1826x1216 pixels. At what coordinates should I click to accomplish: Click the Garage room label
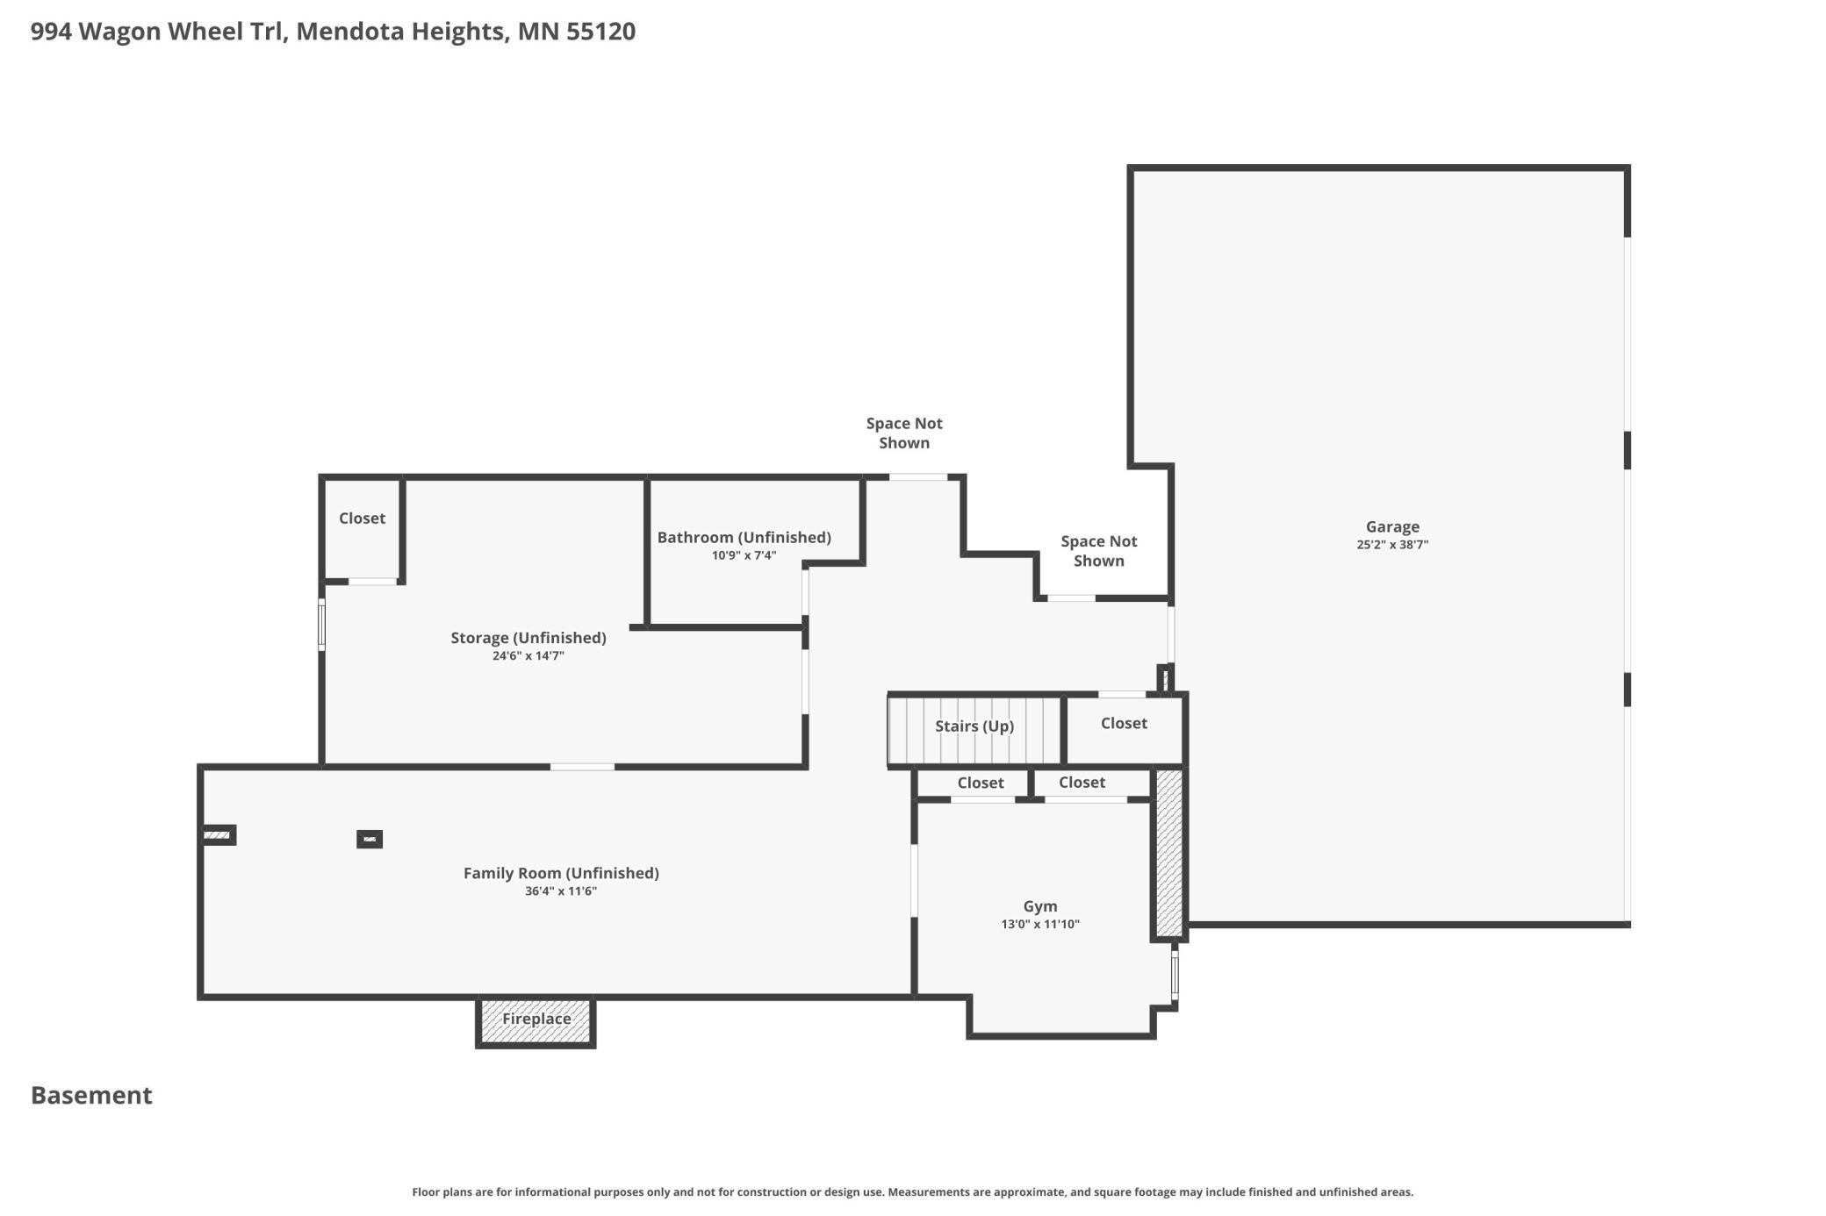pos(1391,526)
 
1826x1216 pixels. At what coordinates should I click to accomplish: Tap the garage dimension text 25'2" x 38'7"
pos(1391,545)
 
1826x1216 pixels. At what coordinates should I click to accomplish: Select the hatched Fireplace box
pos(536,1020)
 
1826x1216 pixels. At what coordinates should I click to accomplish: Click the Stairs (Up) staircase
pos(974,728)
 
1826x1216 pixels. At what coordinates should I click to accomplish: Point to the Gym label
pos(1039,906)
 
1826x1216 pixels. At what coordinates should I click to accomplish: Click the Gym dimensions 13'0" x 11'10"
pos(1039,924)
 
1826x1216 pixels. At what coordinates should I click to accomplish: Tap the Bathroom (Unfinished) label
pos(744,537)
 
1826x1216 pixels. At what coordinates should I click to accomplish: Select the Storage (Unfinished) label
pos(528,638)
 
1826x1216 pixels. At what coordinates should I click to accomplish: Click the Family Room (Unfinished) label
pos(560,873)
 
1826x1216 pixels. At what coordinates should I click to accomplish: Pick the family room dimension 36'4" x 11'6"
pos(560,891)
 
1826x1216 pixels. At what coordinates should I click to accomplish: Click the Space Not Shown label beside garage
pos(1098,551)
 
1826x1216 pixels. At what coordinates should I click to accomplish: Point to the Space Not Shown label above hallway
pos(903,433)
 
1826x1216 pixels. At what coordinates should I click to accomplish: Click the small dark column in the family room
pos(370,840)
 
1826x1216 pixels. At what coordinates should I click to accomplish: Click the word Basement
pos(91,1095)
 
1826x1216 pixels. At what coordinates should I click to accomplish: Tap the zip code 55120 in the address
pos(600,32)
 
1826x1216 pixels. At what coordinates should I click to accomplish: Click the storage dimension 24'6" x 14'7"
pos(528,656)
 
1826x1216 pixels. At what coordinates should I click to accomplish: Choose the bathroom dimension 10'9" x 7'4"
pos(744,555)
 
